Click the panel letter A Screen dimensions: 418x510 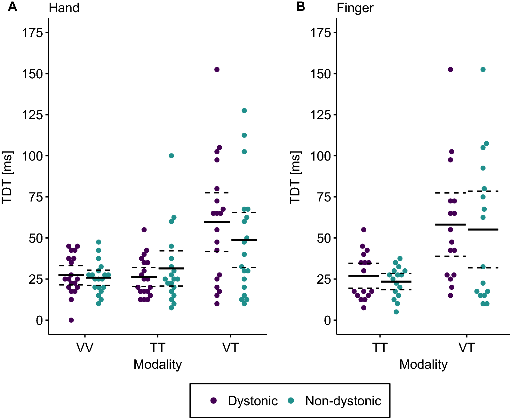coord(12,6)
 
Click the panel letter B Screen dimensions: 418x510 coord(300,6)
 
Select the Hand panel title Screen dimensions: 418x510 coord(64,8)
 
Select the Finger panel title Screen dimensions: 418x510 coord(355,8)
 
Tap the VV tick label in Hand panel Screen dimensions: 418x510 coord(85,348)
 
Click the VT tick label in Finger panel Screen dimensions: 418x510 coord(466,348)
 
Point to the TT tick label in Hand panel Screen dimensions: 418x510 coord(157,348)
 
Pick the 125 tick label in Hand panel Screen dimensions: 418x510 coord(32,115)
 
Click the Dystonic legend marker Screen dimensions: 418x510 coord(213,400)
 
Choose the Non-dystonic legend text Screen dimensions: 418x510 coord(343,401)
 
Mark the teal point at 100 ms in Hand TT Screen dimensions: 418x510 coord(171,156)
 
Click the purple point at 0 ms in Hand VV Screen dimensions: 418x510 coord(71,320)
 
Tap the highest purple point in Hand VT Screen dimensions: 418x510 coord(217,69)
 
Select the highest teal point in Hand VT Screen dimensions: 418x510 coord(244,111)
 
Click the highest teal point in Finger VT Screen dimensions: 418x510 coord(483,69)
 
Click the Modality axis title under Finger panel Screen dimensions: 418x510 coord(423,365)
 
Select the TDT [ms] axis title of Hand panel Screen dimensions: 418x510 coord(7,177)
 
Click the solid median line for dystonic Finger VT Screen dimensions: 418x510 coord(450,225)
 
